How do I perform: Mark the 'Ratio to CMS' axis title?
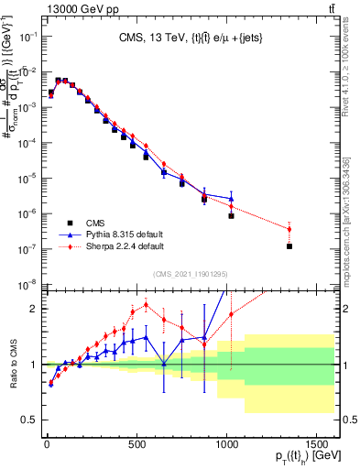pyautogui.click(x=12, y=365)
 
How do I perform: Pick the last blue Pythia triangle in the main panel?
pyautogui.click(x=231, y=199)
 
